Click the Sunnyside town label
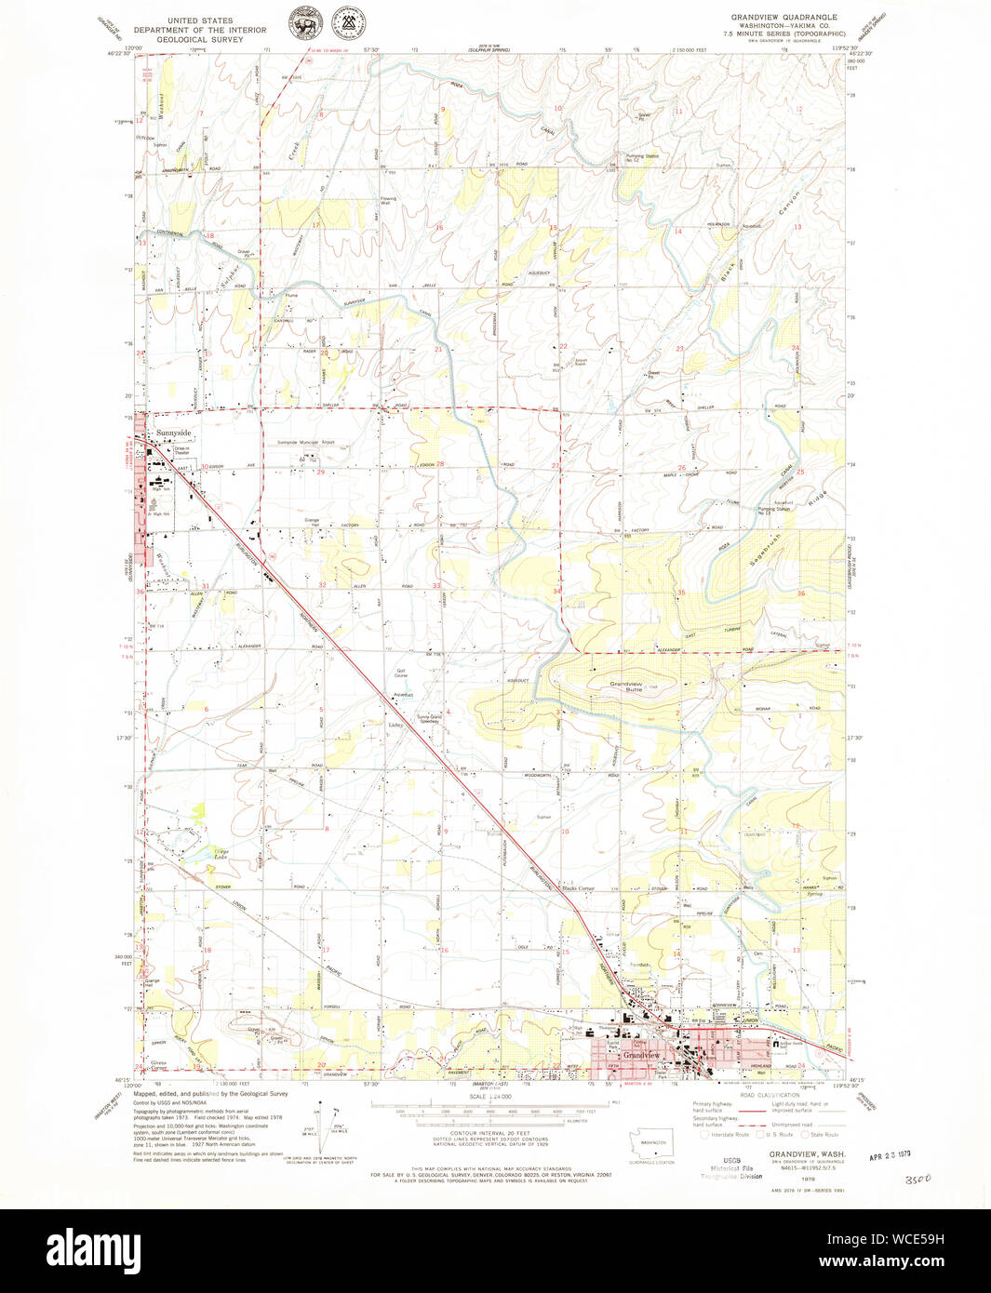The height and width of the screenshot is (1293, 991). click(x=173, y=433)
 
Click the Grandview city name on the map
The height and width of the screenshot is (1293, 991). click(x=641, y=1056)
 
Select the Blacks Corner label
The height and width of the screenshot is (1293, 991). click(x=578, y=888)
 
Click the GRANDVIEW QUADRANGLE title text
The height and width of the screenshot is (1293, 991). click(x=783, y=17)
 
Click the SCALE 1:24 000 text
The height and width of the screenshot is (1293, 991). click(x=489, y=1098)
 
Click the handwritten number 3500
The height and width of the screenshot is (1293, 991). click(x=916, y=1179)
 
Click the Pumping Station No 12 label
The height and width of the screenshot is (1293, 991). click(x=643, y=157)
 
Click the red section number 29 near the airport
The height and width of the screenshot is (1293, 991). click(x=321, y=473)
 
